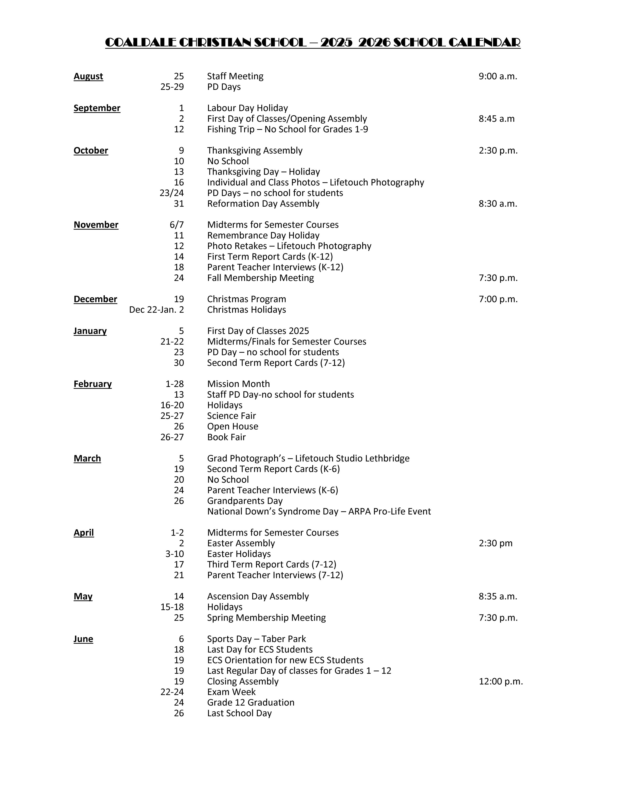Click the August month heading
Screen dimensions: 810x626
click(88, 76)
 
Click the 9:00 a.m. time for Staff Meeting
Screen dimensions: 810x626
click(498, 76)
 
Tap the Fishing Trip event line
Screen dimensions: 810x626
click(287, 129)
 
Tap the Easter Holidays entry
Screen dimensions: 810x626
click(239, 554)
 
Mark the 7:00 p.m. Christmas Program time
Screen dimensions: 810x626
click(498, 299)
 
